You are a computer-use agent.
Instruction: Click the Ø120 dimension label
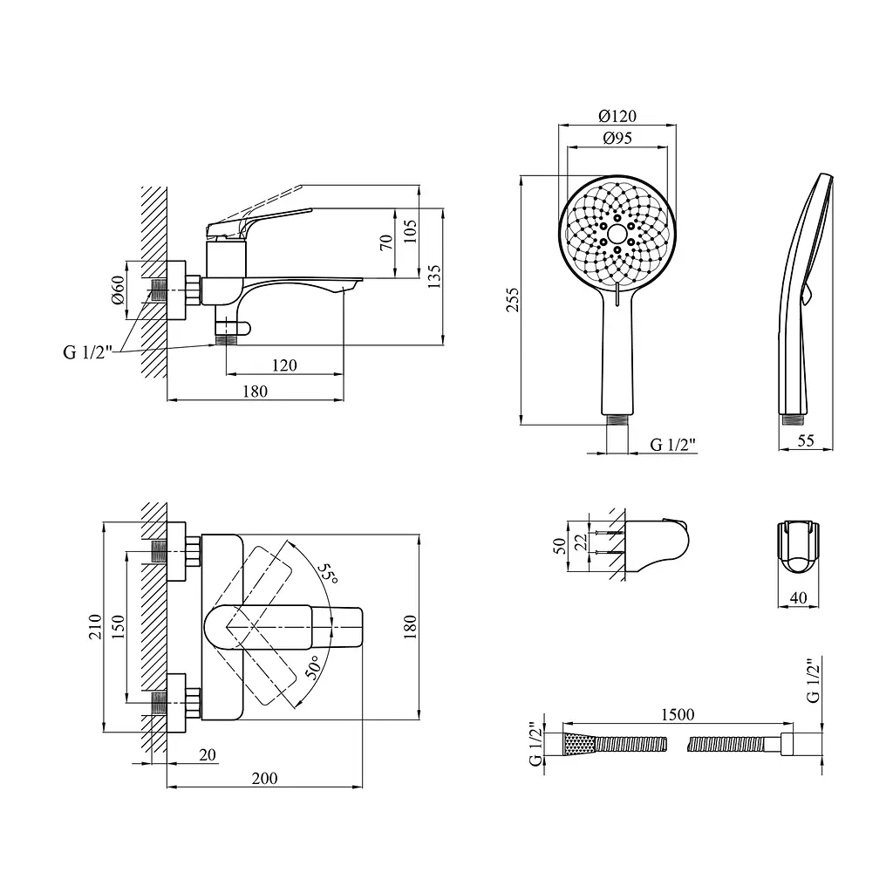[617, 116]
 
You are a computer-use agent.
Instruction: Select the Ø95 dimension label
[617, 138]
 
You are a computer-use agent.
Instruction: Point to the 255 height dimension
[513, 300]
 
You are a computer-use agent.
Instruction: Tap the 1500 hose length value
[678, 714]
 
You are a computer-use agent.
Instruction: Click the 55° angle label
[328, 573]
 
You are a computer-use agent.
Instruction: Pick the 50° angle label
[314, 667]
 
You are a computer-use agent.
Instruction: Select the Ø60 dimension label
[118, 290]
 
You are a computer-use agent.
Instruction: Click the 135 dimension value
[434, 276]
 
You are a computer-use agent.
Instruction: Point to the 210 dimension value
[95, 626]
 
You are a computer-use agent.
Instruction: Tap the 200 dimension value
[265, 778]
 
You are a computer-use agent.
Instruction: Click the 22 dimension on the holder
[581, 542]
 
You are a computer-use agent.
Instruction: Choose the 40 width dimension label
[799, 597]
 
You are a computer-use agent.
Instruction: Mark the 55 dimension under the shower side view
[806, 440]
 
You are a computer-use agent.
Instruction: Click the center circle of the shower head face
[617, 234]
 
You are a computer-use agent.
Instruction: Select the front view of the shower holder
[799, 548]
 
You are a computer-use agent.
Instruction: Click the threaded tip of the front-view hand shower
[617, 419]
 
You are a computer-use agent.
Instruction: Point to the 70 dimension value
[386, 242]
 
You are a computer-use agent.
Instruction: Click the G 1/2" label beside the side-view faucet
[88, 352]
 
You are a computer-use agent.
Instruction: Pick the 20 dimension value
[208, 754]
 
